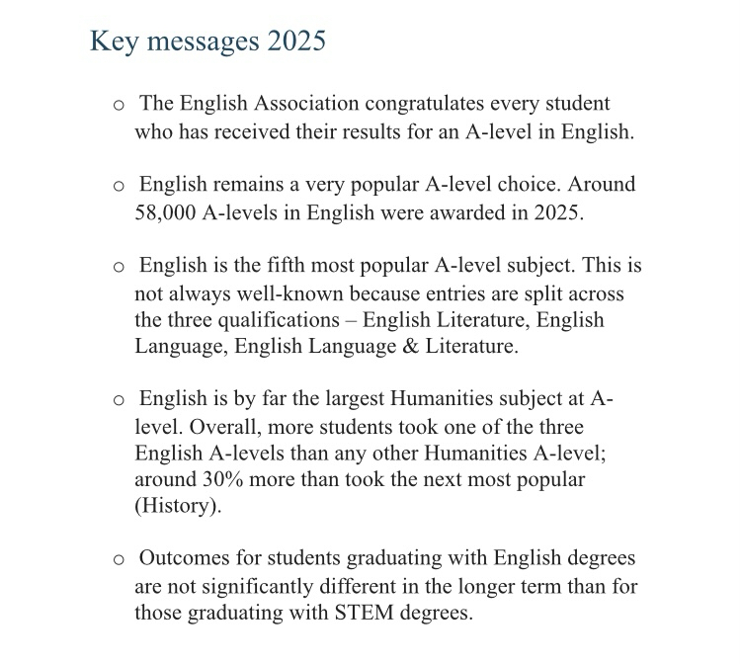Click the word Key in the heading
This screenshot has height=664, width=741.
click(x=112, y=42)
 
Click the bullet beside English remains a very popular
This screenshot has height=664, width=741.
click(x=119, y=186)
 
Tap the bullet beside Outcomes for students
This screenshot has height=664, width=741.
click(x=119, y=560)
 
